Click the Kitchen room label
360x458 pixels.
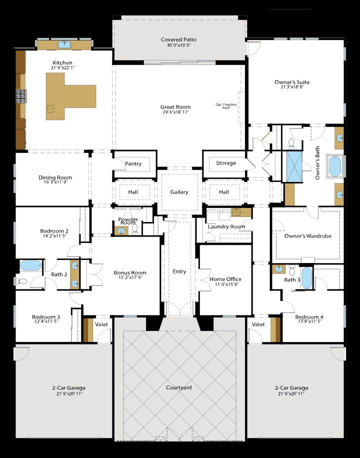[62, 63]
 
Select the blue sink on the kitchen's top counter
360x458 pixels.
[63, 44]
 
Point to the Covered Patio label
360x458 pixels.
[178, 39]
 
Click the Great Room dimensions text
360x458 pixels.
[175, 112]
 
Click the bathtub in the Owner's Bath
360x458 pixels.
[334, 165]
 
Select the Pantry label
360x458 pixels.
[133, 163]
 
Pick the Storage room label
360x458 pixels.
[225, 163]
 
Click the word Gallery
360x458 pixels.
[179, 192]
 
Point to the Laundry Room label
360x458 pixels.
[226, 226]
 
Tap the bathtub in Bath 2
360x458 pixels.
[31, 265]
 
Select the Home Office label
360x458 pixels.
[225, 279]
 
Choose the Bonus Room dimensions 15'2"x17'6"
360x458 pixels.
[130, 278]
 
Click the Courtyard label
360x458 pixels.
[178, 387]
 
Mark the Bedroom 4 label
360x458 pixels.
[309, 317]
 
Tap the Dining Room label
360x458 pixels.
[55, 177]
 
